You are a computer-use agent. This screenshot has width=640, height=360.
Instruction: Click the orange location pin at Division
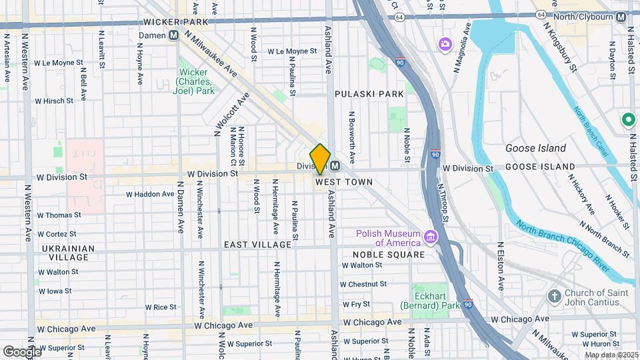point(320,159)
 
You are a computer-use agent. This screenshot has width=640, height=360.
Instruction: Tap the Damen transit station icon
point(173,35)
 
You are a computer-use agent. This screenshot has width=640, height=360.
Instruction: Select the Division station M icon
point(335,166)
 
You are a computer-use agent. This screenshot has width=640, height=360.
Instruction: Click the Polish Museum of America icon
point(431,237)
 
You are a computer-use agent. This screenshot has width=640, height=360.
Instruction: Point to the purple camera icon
point(445,44)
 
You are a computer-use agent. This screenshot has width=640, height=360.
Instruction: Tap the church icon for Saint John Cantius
point(554,295)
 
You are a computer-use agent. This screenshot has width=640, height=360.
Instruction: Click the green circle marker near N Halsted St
point(627,120)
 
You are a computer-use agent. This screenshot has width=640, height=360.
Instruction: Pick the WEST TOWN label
point(343,182)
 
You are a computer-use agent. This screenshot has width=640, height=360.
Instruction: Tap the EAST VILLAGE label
point(257,245)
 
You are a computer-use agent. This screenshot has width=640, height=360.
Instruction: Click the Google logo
point(21,351)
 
